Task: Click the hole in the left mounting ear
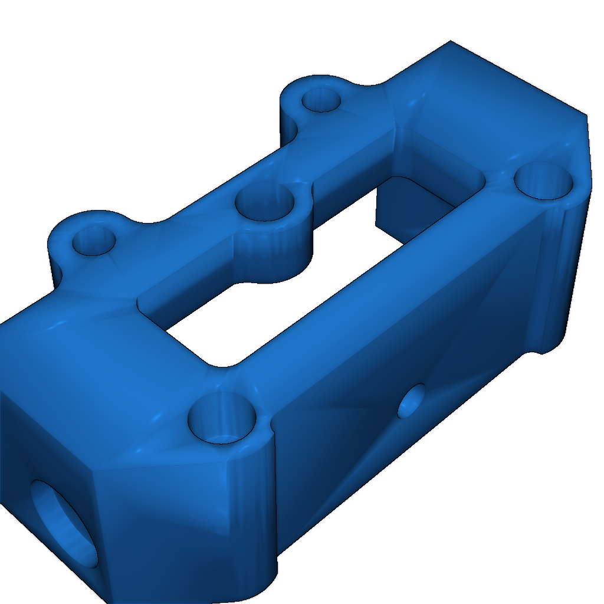93,241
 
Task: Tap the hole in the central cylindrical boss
265,202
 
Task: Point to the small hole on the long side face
412,401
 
